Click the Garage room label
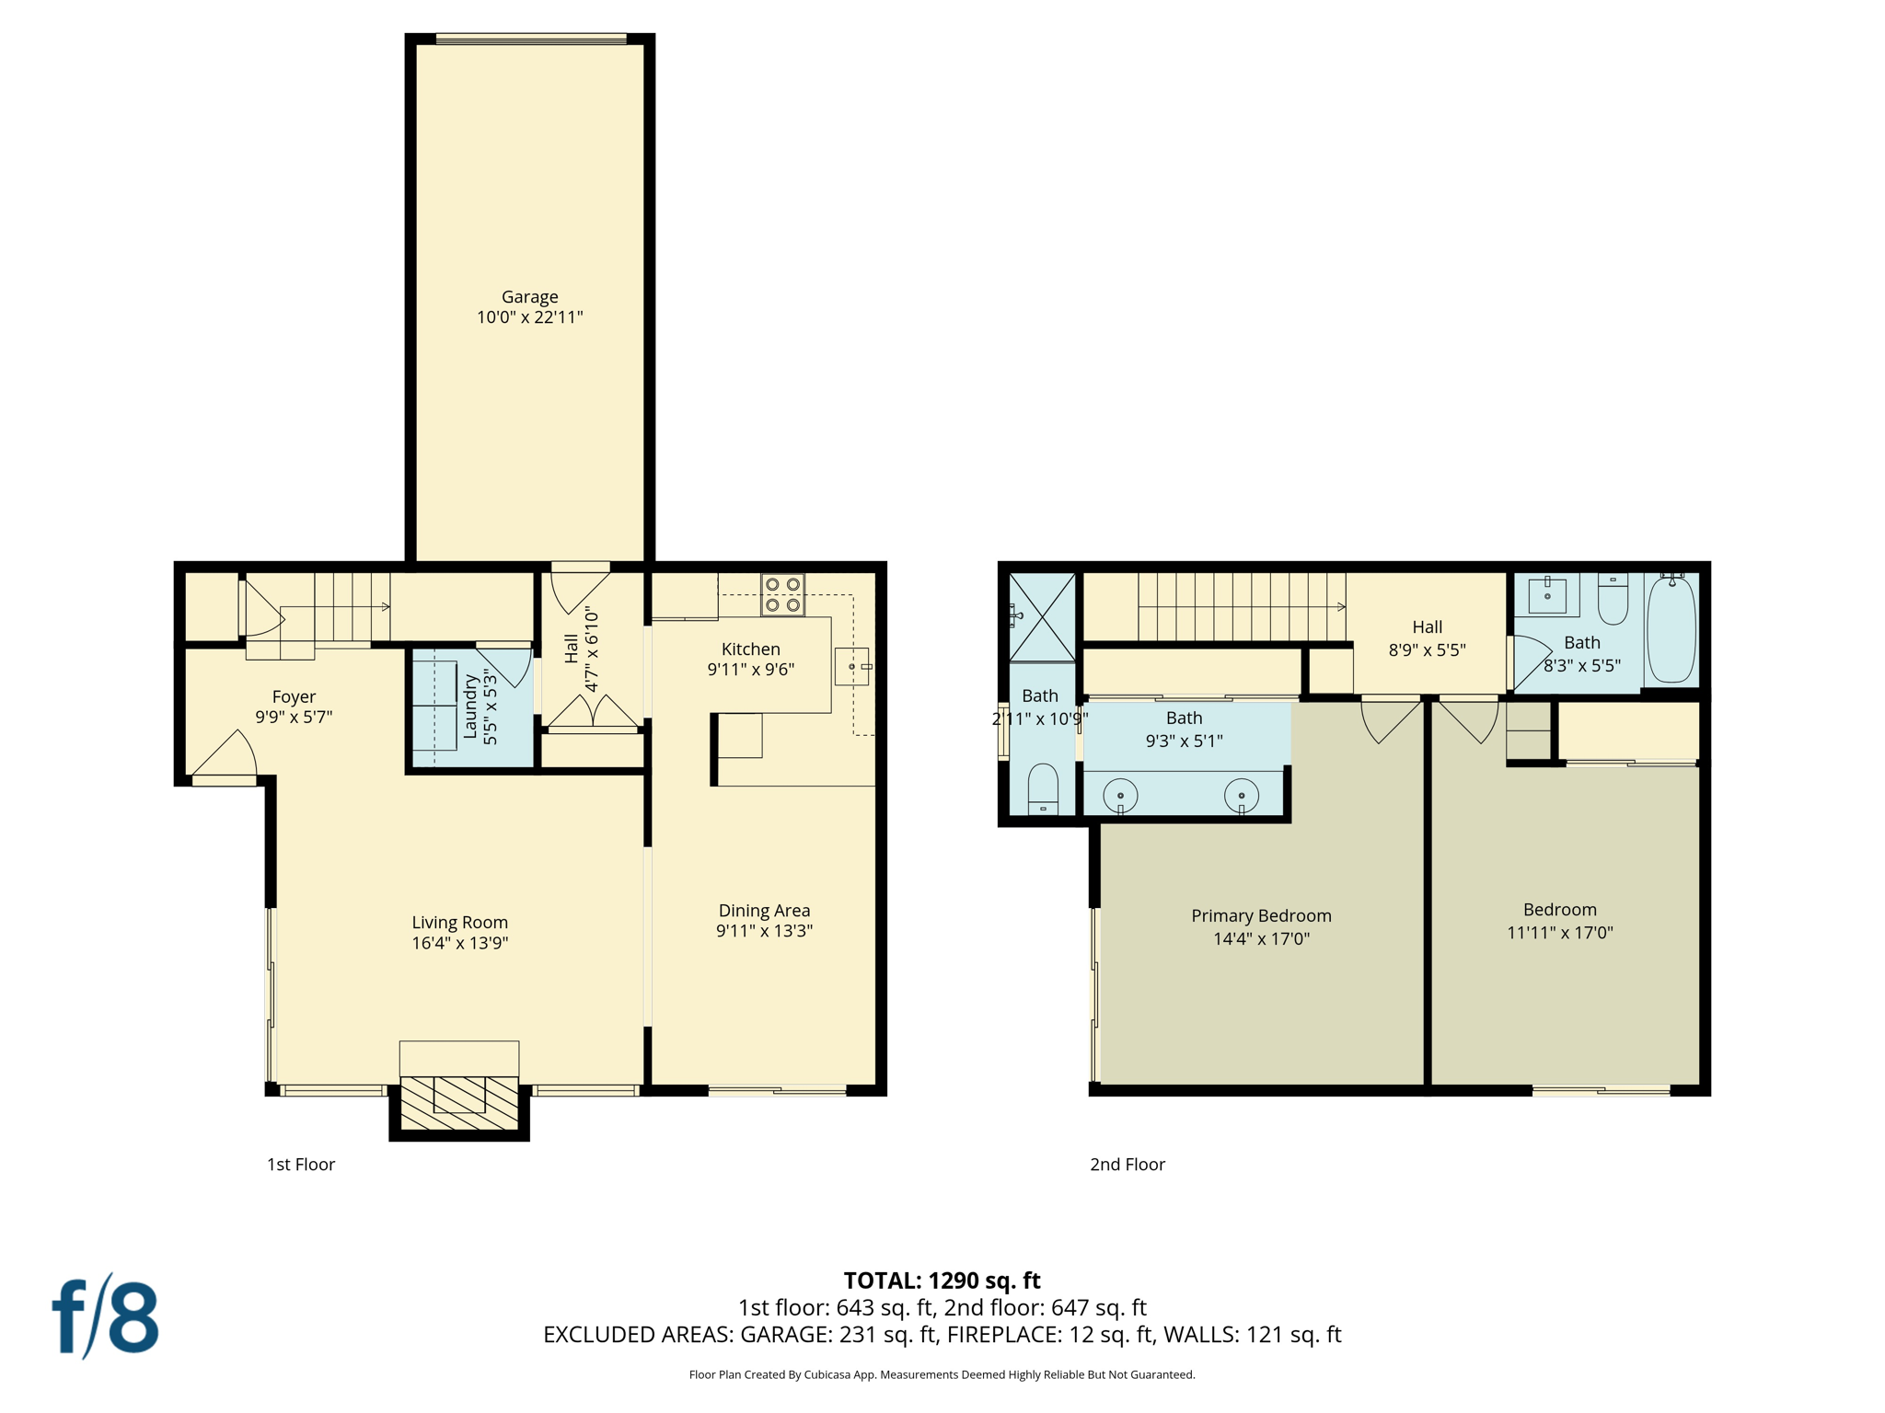pyautogui.click(x=529, y=297)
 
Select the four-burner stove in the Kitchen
pyautogui.click(x=782, y=594)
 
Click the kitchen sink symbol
pyautogui.click(x=852, y=666)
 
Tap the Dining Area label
pyautogui.click(x=764, y=910)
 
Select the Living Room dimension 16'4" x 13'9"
pyautogui.click(x=459, y=942)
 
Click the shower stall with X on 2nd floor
pyautogui.click(x=1042, y=615)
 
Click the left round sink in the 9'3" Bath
pyautogui.click(x=1120, y=795)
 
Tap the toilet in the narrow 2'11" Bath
pyautogui.click(x=1043, y=788)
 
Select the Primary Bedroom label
pyautogui.click(x=1261, y=915)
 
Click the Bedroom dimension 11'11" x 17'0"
pyautogui.click(x=1559, y=932)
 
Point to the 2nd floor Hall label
pyautogui.click(x=1427, y=626)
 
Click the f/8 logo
pyautogui.click(x=105, y=1316)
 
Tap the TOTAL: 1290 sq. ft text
pyautogui.click(x=942, y=1280)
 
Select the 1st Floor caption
pyautogui.click(x=301, y=1164)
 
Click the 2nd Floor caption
pyautogui.click(x=1128, y=1164)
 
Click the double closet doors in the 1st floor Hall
pyautogui.click(x=593, y=713)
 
